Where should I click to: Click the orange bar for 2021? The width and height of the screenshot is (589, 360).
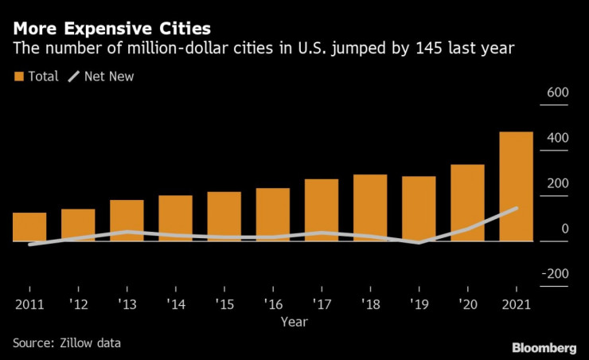click(516, 186)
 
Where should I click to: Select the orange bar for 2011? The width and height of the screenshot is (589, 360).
click(29, 226)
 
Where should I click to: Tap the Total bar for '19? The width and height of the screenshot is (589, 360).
click(419, 208)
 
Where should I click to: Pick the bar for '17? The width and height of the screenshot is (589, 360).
click(322, 209)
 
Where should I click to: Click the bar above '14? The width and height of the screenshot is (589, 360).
click(175, 217)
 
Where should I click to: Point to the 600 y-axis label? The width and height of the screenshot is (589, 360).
click(556, 93)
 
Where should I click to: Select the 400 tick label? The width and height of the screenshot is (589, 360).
click(556, 139)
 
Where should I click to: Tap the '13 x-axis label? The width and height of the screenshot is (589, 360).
click(127, 304)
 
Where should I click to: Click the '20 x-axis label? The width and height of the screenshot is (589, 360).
click(467, 304)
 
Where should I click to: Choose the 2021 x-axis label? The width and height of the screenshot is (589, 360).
click(516, 304)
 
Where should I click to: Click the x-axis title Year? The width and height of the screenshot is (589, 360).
click(294, 322)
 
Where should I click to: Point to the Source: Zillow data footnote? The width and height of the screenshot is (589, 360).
click(66, 342)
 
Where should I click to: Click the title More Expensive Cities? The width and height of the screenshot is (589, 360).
click(106, 29)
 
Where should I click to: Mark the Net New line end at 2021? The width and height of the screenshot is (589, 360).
click(516, 209)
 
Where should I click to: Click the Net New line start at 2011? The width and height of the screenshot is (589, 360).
click(29, 245)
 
